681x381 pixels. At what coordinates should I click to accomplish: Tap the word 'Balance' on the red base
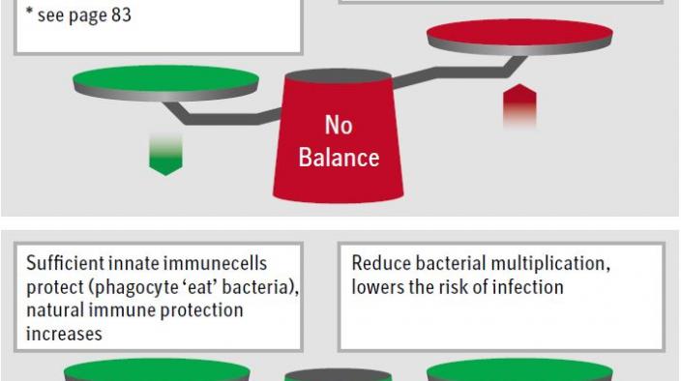point(339,157)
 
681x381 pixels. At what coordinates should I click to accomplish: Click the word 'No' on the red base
point(339,126)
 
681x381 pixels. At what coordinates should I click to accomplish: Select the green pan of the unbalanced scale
point(165,79)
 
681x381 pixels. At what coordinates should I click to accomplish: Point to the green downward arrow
point(165,155)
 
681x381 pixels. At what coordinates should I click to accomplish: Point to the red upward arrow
point(519,104)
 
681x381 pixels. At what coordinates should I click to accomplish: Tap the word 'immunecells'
point(219,264)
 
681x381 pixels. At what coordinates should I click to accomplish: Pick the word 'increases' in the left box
point(64,335)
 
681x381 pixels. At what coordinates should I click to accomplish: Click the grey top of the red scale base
point(339,76)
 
